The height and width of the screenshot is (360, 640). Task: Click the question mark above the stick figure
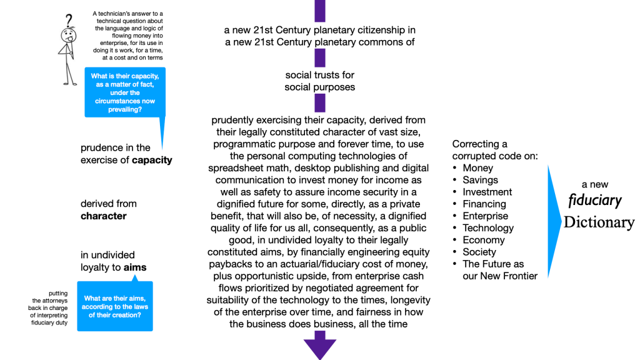(x=69, y=19)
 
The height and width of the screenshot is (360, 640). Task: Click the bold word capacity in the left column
(x=152, y=160)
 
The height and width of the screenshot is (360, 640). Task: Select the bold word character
(x=104, y=216)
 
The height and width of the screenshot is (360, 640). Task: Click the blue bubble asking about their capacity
(x=125, y=92)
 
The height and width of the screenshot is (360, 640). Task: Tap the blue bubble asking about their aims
(x=115, y=306)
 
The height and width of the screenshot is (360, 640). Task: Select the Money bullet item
(x=477, y=168)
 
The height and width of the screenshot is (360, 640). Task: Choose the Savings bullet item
(x=481, y=180)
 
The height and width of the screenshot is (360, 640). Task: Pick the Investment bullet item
(x=487, y=192)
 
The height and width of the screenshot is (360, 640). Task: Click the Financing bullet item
(x=484, y=204)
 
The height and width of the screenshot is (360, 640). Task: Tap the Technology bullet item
(x=487, y=228)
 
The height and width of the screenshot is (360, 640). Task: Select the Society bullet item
(x=479, y=252)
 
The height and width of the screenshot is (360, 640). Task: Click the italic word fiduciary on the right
(x=595, y=201)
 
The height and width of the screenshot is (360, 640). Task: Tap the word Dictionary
(x=599, y=222)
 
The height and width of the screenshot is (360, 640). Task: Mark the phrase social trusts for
(x=320, y=76)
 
